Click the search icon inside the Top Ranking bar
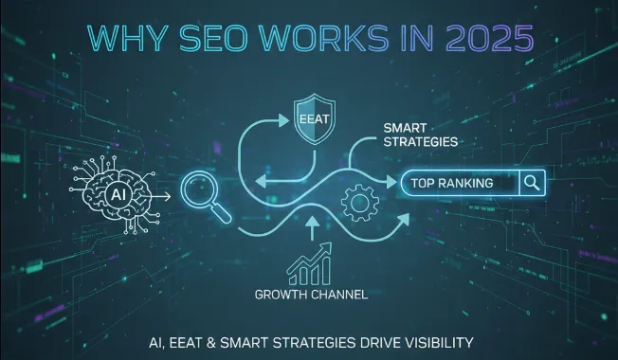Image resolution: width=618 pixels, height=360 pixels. (x=531, y=181)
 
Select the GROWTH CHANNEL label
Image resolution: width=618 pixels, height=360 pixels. (x=312, y=294)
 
